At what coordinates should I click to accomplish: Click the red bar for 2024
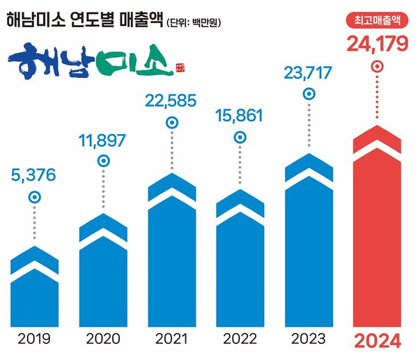pyautogui.click(x=377, y=230)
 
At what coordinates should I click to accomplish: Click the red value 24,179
pyautogui.click(x=376, y=47)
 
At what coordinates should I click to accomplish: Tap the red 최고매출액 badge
pyautogui.click(x=376, y=22)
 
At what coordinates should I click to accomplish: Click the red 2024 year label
pyautogui.click(x=377, y=342)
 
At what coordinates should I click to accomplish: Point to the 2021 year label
pyautogui.click(x=171, y=341)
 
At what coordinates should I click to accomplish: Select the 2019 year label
pyautogui.click(x=34, y=341)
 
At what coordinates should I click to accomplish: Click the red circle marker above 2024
pyautogui.click(x=377, y=68)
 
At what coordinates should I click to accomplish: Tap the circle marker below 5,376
pyautogui.click(x=34, y=198)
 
